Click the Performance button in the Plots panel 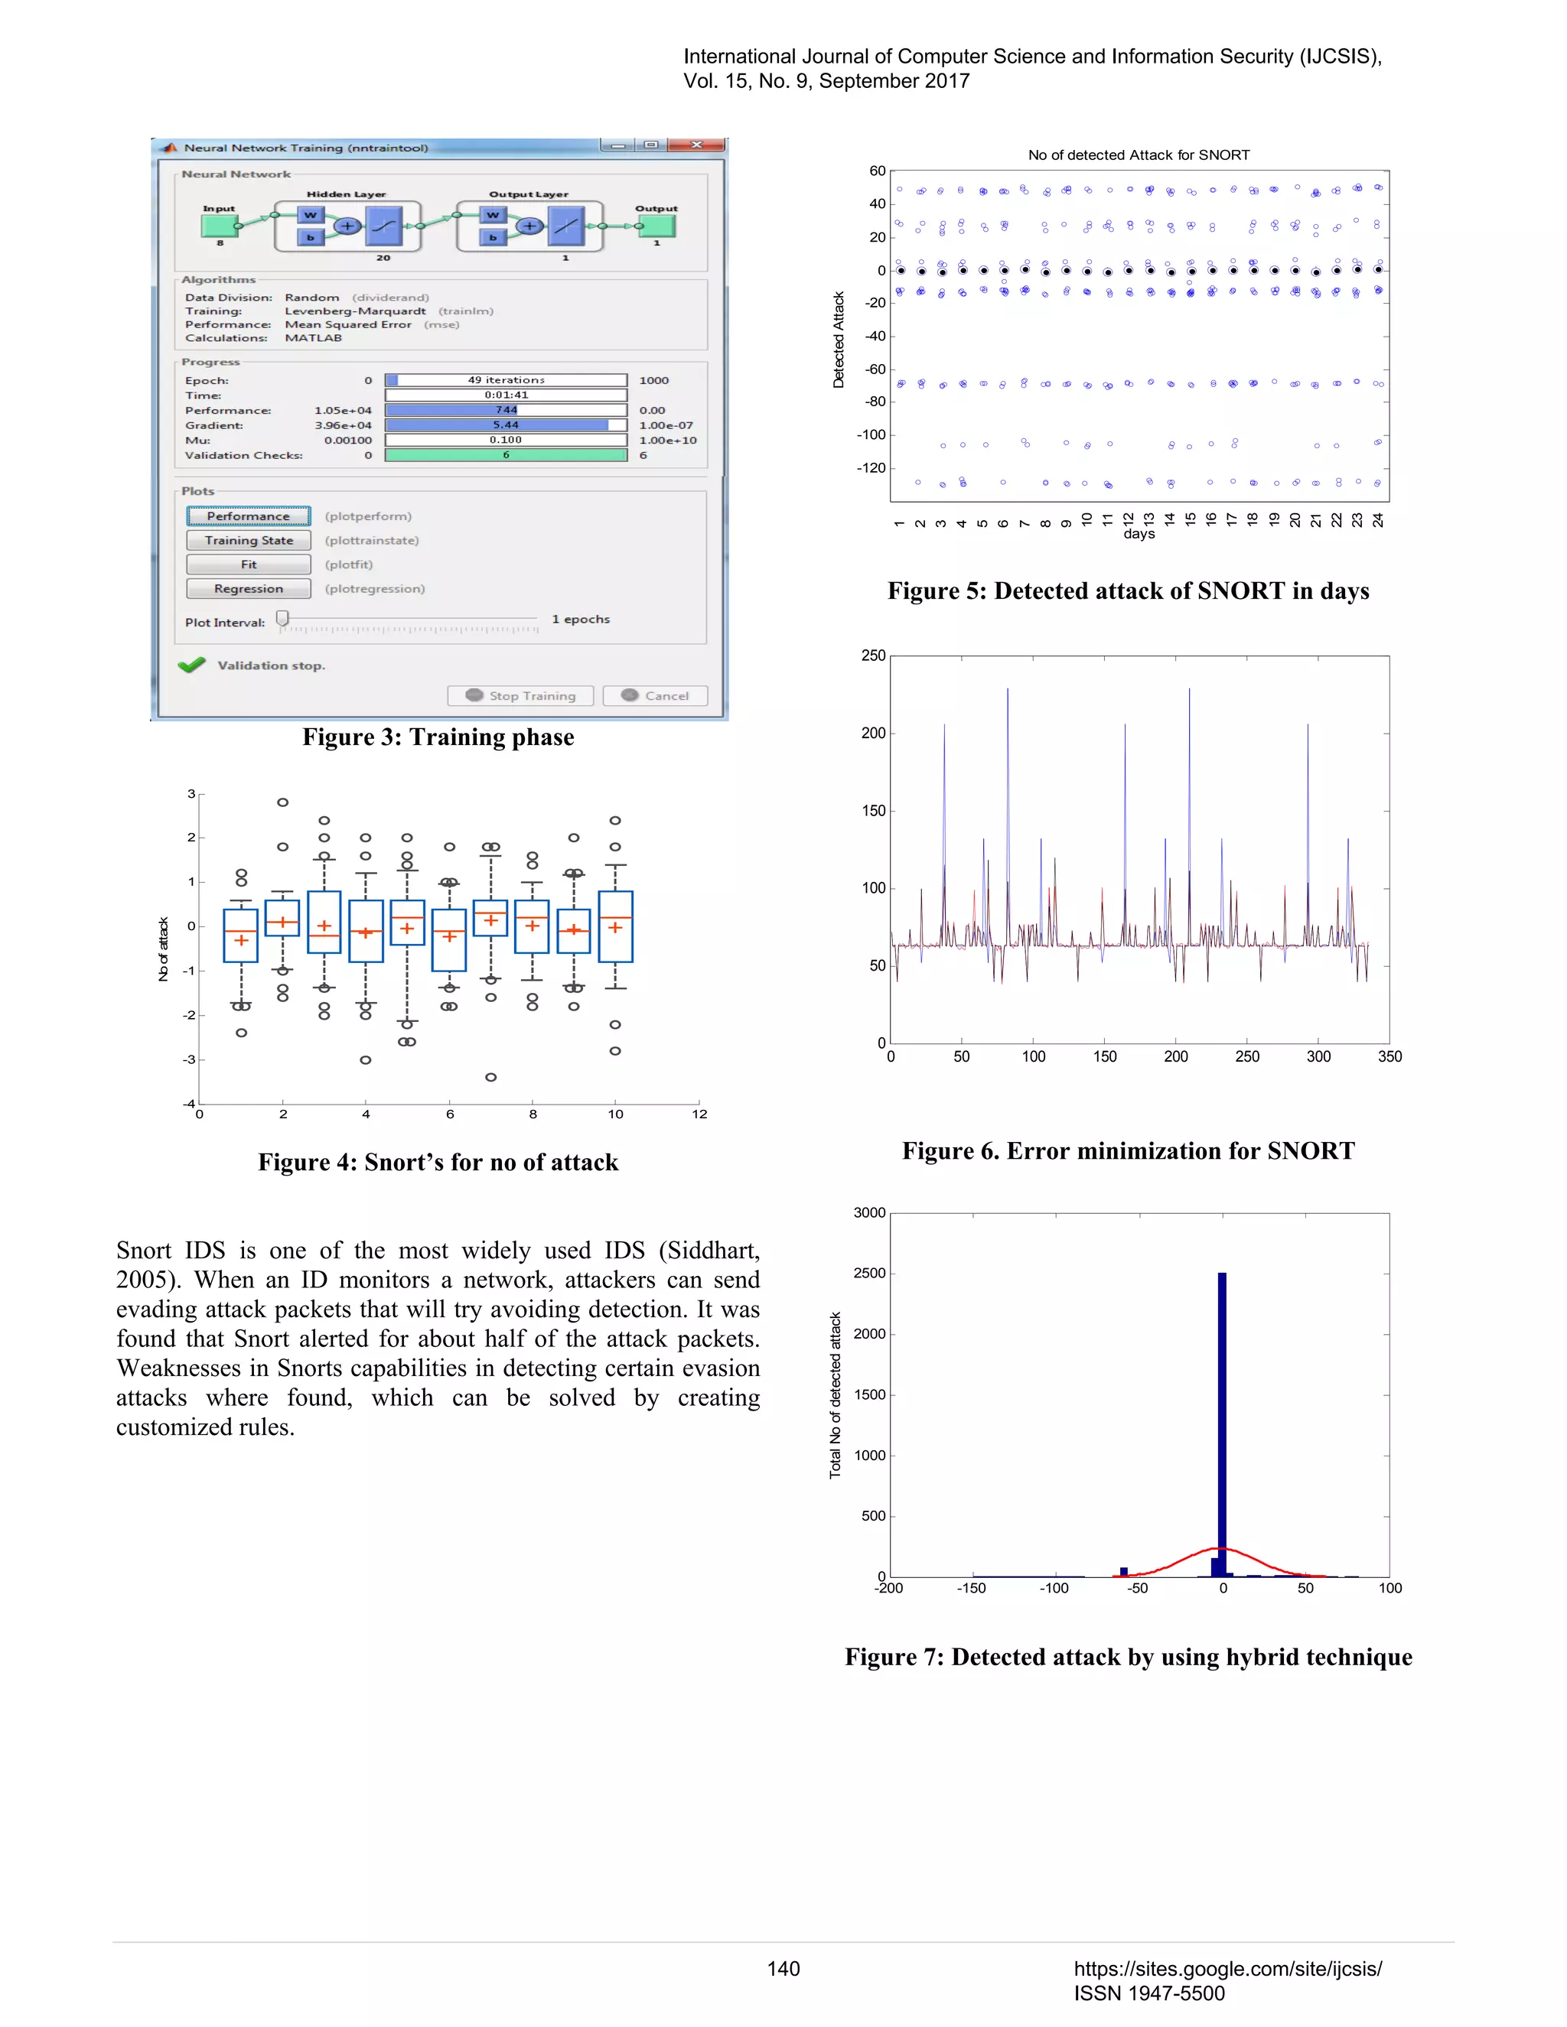pyautogui.click(x=248, y=516)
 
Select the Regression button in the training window pyautogui.click(x=248, y=588)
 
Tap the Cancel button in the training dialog pyautogui.click(x=656, y=695)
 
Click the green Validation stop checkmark pyautogui.click(x=192, y=665)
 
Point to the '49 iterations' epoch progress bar pyautogui.click(x=506, y=379)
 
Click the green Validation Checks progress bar pyautogui.click(x=506, y=455)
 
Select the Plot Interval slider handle pyautogui.click(x=282, y=618)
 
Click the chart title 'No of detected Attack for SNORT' pyautogui.click(x=1138, y=155)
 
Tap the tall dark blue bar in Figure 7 pyautogui.click(x=1222, y=1420)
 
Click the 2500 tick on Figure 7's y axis pyautogui.click(x=869, y=1274)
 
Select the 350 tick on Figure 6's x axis pyautogui.click(x=1389, y=1056)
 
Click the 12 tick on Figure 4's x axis pyautogui.click(x=699, y=1114)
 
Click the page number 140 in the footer pyautogui.click(x=783, y=1969)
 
